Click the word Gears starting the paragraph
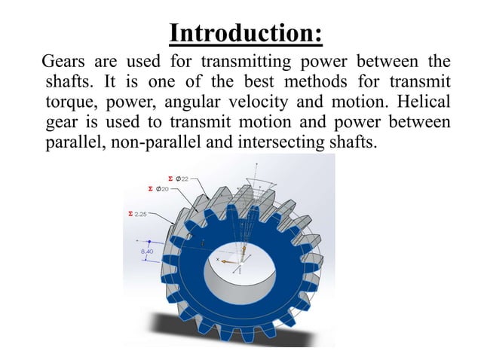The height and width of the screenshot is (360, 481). point(63,60)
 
